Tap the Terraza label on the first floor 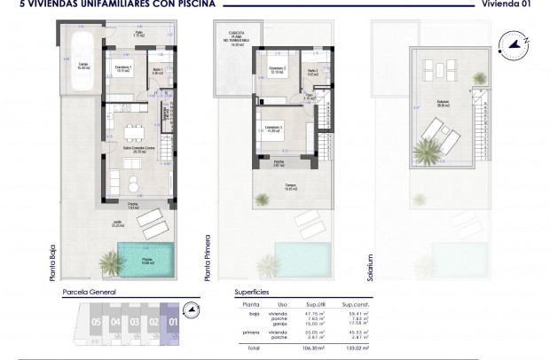[x=290, y=187]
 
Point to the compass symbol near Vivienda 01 [x=515, y=40]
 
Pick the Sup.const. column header [x=353, y=301]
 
